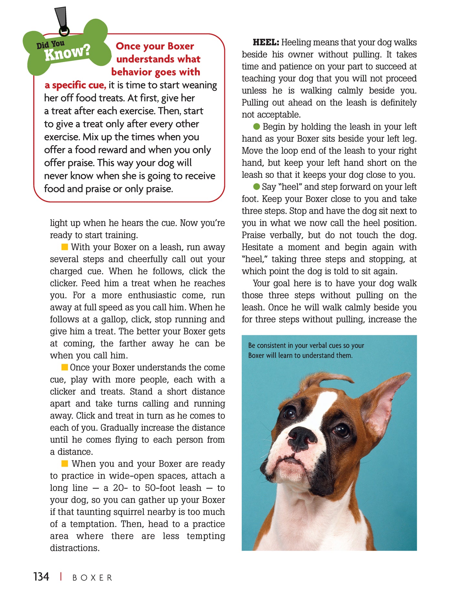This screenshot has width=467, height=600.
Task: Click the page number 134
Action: [41, 577]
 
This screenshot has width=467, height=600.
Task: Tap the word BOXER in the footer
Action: [92, 578]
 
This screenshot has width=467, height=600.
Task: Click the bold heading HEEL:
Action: [266, 42]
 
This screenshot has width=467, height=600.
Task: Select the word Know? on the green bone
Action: [67, 53]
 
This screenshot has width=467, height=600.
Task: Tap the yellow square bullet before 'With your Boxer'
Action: [65, 247]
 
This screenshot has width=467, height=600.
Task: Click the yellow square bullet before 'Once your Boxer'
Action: [65, 367]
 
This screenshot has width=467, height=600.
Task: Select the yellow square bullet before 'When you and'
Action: [65, 464]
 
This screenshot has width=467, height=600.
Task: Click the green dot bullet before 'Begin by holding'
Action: [257, 127]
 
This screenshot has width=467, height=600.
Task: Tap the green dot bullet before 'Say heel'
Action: [257, 187]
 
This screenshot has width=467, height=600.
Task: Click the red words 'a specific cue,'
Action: [75, 85]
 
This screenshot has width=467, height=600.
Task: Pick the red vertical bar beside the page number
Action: [61, 577]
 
